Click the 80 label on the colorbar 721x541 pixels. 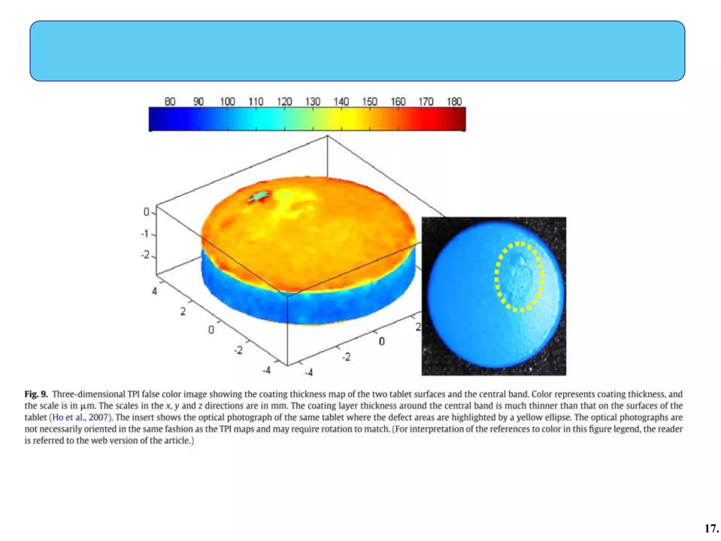coord(170,101)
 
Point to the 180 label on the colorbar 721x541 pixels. coord(454,101)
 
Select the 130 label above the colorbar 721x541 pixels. coord(313,101)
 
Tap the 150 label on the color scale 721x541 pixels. coord(370,101)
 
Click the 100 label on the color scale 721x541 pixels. coord(227,101)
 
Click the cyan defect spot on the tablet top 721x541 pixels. coord(261,195)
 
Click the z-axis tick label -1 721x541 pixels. coord(145,234)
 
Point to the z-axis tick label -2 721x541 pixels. coord(145,255)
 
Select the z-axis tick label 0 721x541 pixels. coord(146,212)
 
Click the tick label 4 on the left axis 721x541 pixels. coord(154,291)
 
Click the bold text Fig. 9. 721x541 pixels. coord(36,394)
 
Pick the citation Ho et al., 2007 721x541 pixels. coord(80,417)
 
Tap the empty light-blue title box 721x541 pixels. coord(357,51)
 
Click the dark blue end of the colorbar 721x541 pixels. coord(155,119)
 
